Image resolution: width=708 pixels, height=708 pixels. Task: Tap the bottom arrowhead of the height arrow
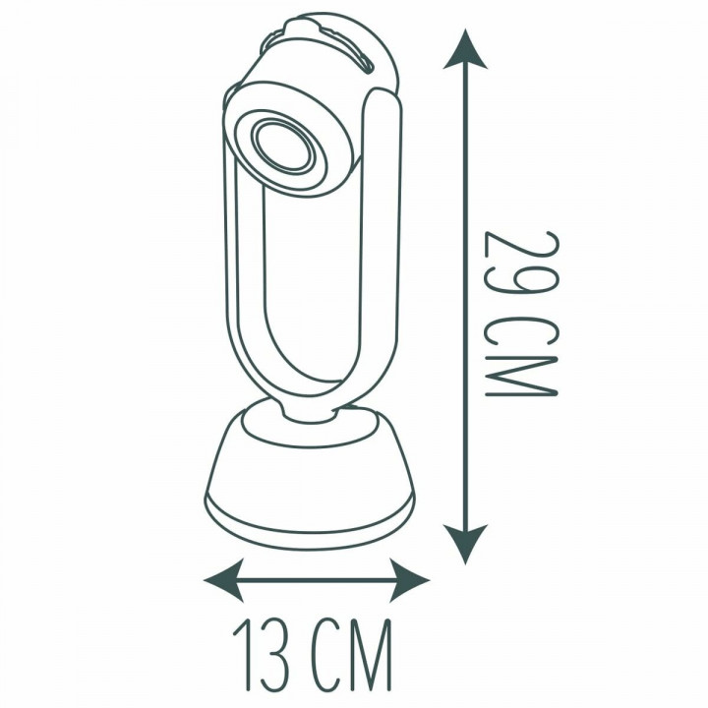[466, 543]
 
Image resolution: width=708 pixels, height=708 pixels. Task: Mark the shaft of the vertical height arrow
[466, 295]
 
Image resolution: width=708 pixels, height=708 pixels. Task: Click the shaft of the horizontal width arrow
[317, 579]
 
